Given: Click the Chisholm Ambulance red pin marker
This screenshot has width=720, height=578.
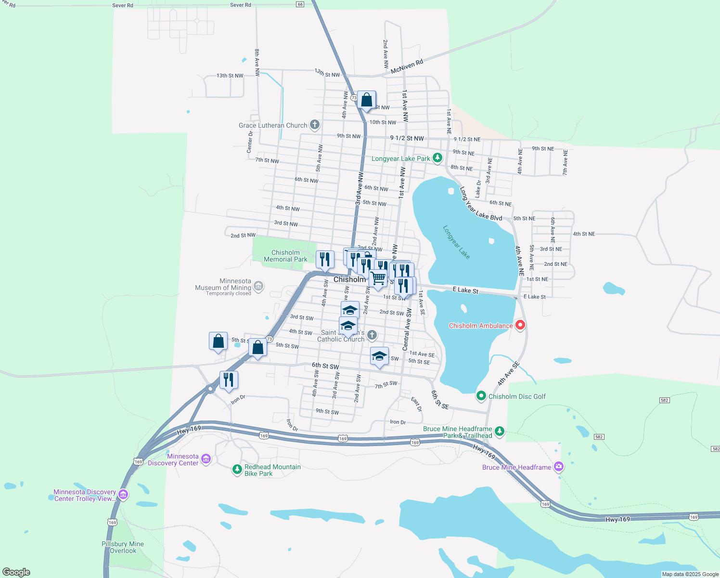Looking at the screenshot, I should pos(520,325).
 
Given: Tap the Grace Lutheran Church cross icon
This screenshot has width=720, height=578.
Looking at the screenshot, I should pos(314,125).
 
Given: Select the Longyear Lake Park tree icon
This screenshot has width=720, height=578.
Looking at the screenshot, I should pos(437,158).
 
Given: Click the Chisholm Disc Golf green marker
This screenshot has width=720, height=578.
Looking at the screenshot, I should pos(481,396).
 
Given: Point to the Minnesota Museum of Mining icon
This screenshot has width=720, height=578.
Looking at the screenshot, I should pos(258,287).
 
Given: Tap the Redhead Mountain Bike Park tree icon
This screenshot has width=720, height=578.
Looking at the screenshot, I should pos(237,469).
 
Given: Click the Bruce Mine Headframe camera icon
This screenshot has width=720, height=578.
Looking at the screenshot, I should pos(558,466).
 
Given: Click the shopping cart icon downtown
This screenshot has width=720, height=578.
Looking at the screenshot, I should pos(378,278).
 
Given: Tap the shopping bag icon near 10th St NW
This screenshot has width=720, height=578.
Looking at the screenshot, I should pos(367,100).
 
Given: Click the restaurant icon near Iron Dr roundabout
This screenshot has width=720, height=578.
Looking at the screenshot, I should pos(229,380).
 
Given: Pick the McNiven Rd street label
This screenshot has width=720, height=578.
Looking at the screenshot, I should pos(407,67).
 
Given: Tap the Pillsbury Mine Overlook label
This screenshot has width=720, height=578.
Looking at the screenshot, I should pos(123,547).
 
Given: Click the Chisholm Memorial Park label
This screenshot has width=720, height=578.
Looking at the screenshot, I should pos(285,256).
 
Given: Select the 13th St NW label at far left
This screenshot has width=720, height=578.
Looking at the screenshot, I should pos(230,76).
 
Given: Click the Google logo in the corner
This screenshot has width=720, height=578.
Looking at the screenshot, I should pos(16,572).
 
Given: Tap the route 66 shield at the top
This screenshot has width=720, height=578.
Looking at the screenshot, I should pos(300,4).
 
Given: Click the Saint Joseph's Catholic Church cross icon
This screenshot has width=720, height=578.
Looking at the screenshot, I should pos(372,335).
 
